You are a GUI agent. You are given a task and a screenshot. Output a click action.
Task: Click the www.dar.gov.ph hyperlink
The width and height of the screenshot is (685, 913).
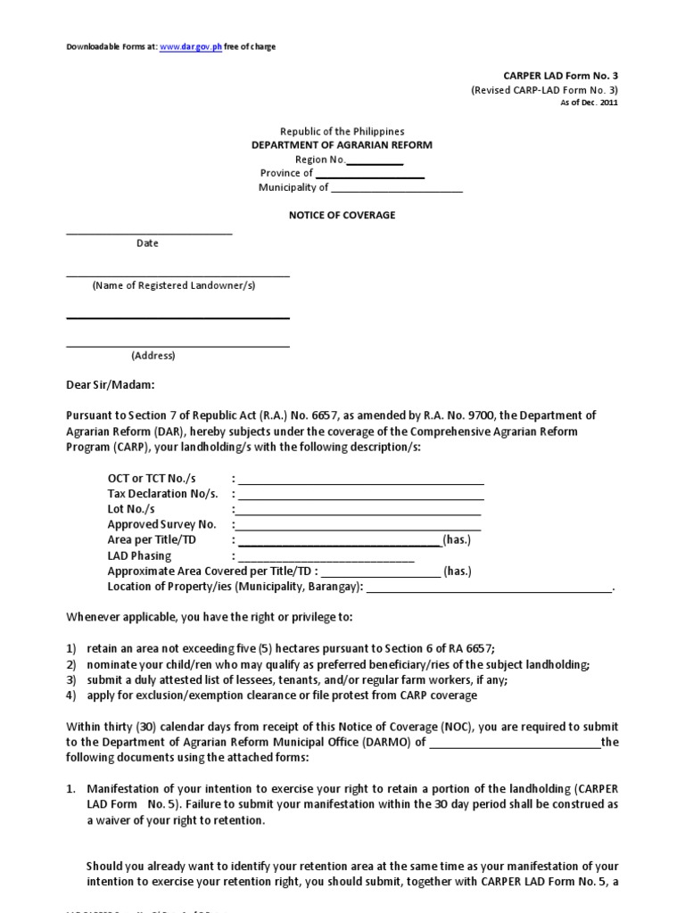(191, 47)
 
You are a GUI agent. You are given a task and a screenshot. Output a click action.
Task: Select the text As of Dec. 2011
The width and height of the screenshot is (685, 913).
(589, 103)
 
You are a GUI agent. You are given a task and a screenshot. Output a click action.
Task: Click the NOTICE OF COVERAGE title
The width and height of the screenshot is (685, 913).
(342, 216)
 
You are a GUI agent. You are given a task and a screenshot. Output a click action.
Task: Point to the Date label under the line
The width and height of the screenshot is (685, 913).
(147, 243)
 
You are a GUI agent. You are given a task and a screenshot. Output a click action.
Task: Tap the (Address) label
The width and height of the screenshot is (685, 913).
(153, 356)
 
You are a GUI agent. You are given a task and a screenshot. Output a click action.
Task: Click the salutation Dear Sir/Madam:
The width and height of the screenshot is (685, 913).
(111, 385)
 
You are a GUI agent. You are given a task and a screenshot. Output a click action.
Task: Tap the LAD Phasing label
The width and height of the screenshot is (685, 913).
(139, 555)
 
